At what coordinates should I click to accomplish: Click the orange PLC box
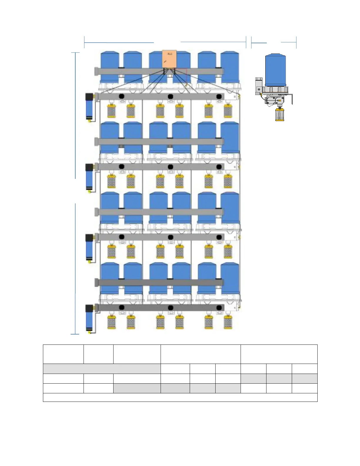(x=169, y=59)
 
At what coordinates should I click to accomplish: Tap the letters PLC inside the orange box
(x=170, y=54)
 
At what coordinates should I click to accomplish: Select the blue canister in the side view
(x=275, y=70)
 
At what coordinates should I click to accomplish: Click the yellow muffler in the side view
(x=280, y=115)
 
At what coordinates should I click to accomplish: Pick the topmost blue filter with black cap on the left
(x=89, y=107)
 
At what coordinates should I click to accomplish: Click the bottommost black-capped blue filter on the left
(x=89, y=319)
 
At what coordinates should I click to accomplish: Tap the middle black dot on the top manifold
(x=170, y=96)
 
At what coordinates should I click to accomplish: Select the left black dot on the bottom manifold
(x=121, y=308)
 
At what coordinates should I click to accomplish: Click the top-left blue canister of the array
(x=110, y=66)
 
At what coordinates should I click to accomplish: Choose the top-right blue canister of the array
(x=230, y=66)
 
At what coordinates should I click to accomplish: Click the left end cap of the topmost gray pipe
(x=96, y=71)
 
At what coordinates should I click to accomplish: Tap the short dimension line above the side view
(x=274, y=43)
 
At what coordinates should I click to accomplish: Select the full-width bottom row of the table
(x=180, y=397)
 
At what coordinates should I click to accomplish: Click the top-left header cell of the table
(x=63, y=354)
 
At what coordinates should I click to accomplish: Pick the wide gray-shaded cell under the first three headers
(x=102, y=369)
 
